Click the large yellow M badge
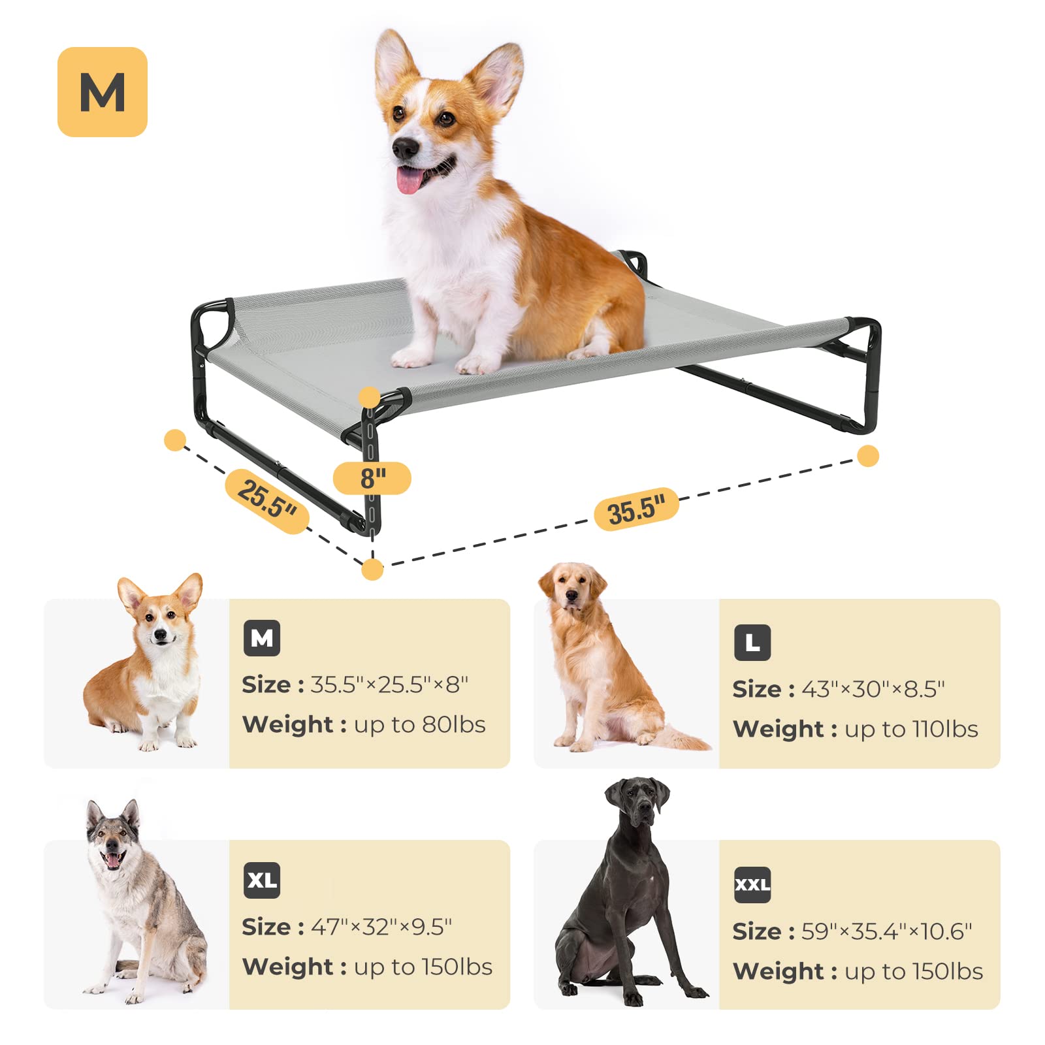pos(103,92)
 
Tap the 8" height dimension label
pos(372,478)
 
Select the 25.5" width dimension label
pos(266,501)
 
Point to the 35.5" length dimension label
pos(636,509)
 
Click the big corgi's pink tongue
pos(410,180)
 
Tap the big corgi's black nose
pos(405,149)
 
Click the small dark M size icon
pos(262,638)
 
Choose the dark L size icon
pos(752,643)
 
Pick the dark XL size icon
pos(262,880)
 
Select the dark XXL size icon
pos(752,885)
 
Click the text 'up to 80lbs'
pos(420,725)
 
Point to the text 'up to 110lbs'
pos(911,730)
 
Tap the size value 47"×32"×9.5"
pos(381,927)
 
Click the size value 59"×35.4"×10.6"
pos(886,931)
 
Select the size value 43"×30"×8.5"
pos(873,689)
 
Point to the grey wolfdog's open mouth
pos(114,860)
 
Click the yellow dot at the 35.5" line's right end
pos(868,456)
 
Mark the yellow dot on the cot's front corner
pos(370,397)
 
